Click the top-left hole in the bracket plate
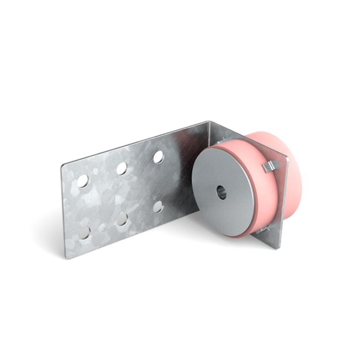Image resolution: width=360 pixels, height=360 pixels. click(x=83, y=181)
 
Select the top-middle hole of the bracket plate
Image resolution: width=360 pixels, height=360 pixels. click(x=122, y=168)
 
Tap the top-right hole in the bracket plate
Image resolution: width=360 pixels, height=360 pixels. click(x=158, y=157)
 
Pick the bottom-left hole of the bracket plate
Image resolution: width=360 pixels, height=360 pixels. click(x=85, y=232)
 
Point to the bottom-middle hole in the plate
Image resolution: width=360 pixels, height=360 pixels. click(x=123, y=219)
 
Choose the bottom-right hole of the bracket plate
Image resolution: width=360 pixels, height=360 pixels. click(x=158, y=206)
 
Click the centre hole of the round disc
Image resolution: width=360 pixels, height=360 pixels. click(x=221, y=192)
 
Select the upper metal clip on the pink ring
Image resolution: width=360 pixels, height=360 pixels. click(x=269, y=165)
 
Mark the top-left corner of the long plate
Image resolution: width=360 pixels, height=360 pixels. click(x=62, y=165)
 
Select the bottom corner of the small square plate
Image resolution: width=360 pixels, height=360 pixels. click(x=276, y=247)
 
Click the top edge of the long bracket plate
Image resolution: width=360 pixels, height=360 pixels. click(x=136, y=143)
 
